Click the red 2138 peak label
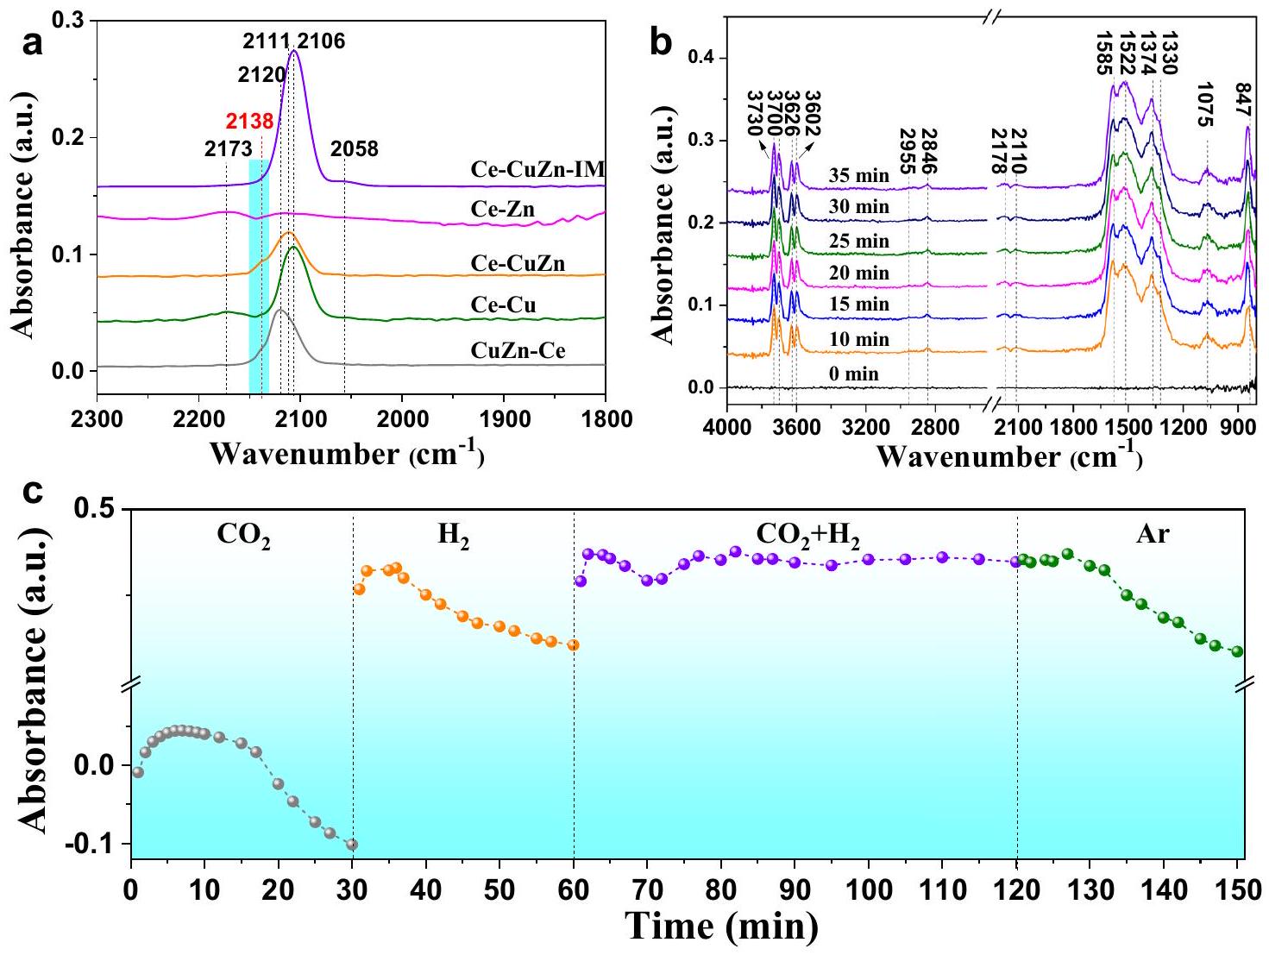(x=249, y=121)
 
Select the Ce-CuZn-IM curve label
(x=537, y=169)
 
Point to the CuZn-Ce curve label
(x=518, y=350)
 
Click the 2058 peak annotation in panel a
(x=355, y=149)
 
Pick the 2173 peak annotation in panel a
(x=228, y=149)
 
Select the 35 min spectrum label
(x=858, y=176)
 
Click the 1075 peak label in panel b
(x=1205, y=104)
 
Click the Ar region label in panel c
(x=1153, y=534)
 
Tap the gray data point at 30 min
(x=351, y=845)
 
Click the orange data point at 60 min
(x=573, y=644)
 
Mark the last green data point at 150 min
(x=1237, y=651)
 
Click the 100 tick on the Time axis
(x=868, y=889)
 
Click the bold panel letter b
(x=661, y=41)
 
